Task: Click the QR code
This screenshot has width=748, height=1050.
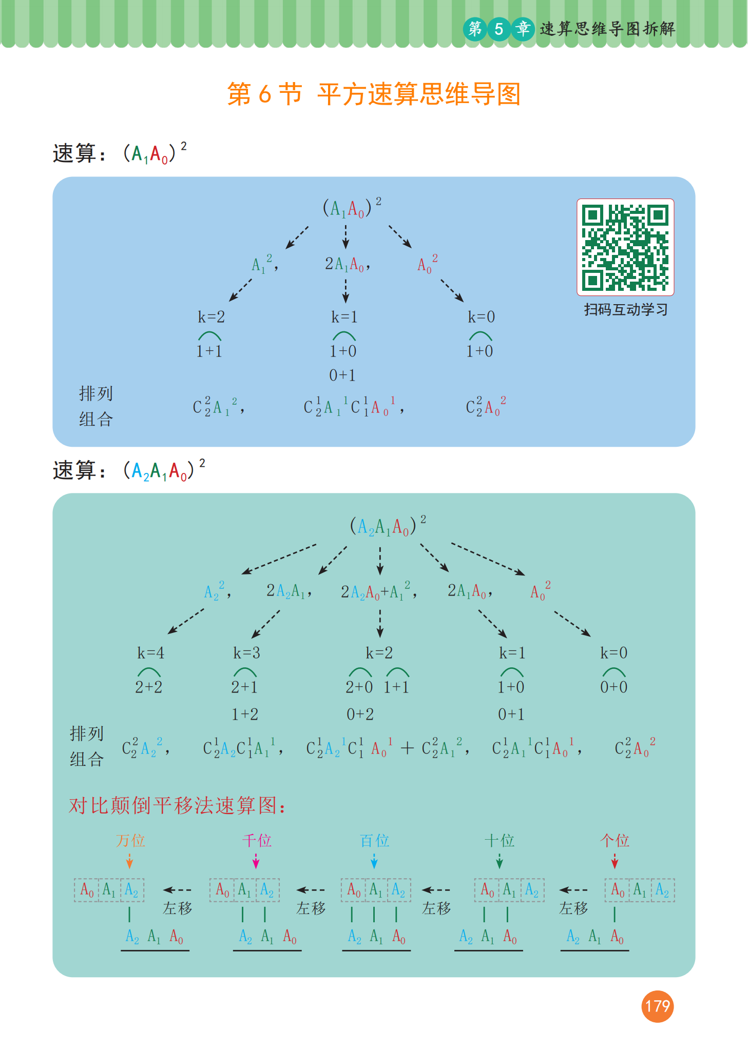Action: click(x=625, y=247)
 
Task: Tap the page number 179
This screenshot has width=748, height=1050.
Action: click(x=657, y=1006)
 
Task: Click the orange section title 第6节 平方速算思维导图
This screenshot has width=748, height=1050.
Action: click(x=374, y=94)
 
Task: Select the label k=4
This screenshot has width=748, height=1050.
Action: click(x=150, y=652)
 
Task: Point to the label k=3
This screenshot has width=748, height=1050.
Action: click(x=246, y=652)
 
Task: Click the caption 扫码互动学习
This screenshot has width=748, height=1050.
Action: click(x=625, y=309)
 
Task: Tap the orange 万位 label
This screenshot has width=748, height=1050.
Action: click(x=130, y=840)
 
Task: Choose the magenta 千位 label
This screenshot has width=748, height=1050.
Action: click(x=257, y=840)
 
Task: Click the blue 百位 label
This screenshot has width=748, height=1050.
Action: click(x=375, y=840)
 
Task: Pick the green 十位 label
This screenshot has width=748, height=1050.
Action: click(x=500, y=840)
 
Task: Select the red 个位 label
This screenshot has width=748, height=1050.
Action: click(x=615, y=840)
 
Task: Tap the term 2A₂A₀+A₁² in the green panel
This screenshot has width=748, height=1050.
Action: click(x=378, y=591)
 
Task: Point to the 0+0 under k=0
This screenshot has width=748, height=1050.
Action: click(x=614, y=687)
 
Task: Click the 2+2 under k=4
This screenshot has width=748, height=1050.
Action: click(x=149, y=687)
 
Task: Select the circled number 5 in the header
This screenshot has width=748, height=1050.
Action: click(x=498, y=29)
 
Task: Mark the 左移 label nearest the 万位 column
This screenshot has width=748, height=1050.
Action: click(x=178, y=908)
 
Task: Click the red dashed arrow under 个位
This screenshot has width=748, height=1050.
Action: click(x=615, y=861)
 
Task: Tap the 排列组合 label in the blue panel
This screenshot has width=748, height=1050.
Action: click(x=96, y=406)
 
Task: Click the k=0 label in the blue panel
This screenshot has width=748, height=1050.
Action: click(x=481, y=317)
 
